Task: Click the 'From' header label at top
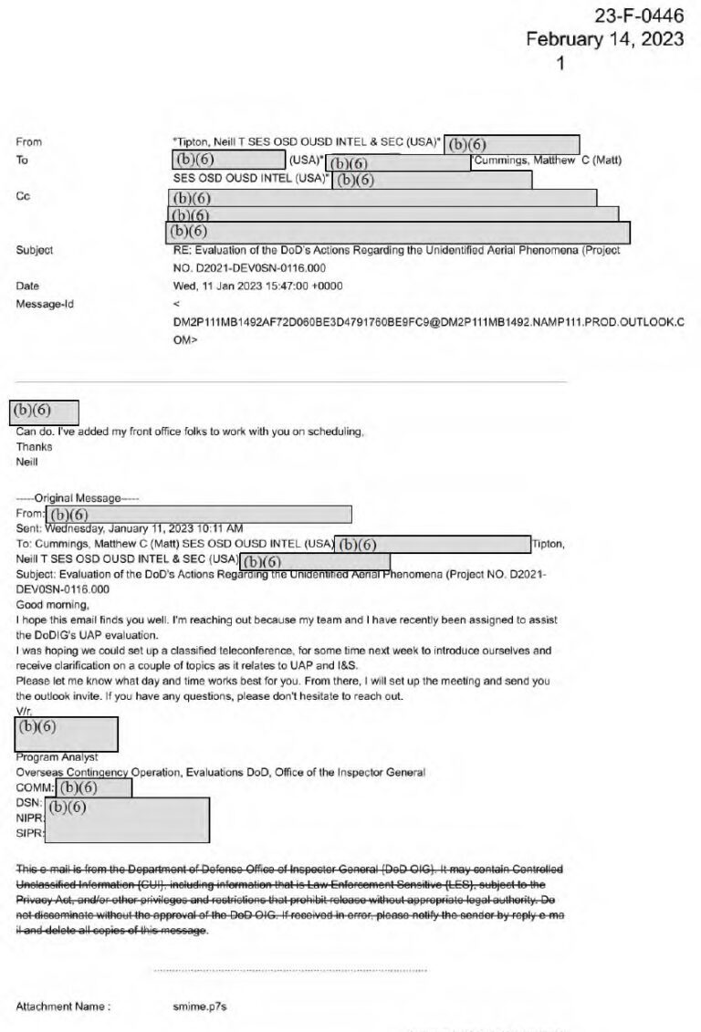[28, 142]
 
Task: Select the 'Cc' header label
[23, 196]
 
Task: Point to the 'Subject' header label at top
[34, 250]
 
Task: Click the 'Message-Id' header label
[44, 304]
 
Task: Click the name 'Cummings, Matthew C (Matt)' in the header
[548, 161]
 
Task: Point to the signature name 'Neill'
[27, 463]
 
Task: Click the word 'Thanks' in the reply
[34, 447]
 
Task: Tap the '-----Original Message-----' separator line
[78, 498]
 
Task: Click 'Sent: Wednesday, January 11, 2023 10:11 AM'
[130, 528]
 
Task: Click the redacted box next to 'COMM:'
[92, 787]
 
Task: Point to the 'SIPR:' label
[30, 834]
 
